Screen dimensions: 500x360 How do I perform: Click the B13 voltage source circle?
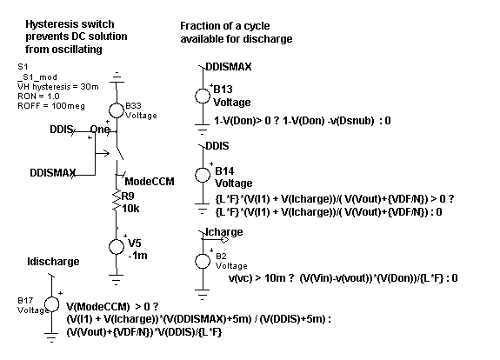(203, 96)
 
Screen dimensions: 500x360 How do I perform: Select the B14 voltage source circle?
(203, 175)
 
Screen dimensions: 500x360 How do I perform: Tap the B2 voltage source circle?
(203, 262)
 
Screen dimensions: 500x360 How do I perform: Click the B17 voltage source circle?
(51, 303)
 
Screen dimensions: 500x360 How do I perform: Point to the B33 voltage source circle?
(117, 110)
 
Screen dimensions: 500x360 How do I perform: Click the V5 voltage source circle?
(117, 246)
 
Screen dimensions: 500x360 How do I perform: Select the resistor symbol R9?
(117, 200)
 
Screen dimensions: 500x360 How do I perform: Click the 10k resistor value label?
(130, 209)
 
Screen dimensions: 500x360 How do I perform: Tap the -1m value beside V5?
(137, 256)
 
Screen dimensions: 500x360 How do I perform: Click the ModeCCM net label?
(150, 182)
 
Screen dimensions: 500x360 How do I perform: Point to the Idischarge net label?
(53, 262)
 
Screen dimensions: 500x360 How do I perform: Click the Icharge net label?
(223, 232)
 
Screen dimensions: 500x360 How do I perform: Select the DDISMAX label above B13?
(229, 67)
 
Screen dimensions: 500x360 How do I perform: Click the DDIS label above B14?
(217, 146)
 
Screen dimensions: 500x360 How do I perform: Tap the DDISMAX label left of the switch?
(53, 172)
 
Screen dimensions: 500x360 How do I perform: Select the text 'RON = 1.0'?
(38, 96)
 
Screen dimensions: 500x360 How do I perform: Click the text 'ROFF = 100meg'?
(51, 106)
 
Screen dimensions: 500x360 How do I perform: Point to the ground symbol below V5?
(117, 279)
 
